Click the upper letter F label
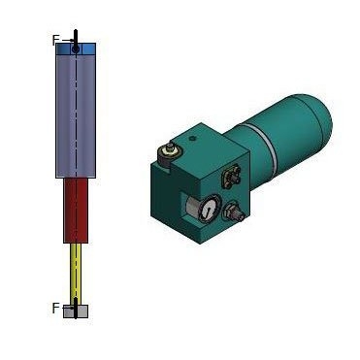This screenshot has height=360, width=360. [55, 41]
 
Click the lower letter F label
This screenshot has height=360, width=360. [55, 309]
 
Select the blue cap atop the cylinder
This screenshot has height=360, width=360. [76, 49]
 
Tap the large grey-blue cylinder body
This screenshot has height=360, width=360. [76, 116]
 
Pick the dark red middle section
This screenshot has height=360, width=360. [76, 211]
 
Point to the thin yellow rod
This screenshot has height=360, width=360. [76, 274]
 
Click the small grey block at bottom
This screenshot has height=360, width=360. [76, 311]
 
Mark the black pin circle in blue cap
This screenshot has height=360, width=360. [76, 49]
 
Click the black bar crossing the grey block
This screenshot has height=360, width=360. [76, 309]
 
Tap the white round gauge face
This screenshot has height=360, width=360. [209, 208]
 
